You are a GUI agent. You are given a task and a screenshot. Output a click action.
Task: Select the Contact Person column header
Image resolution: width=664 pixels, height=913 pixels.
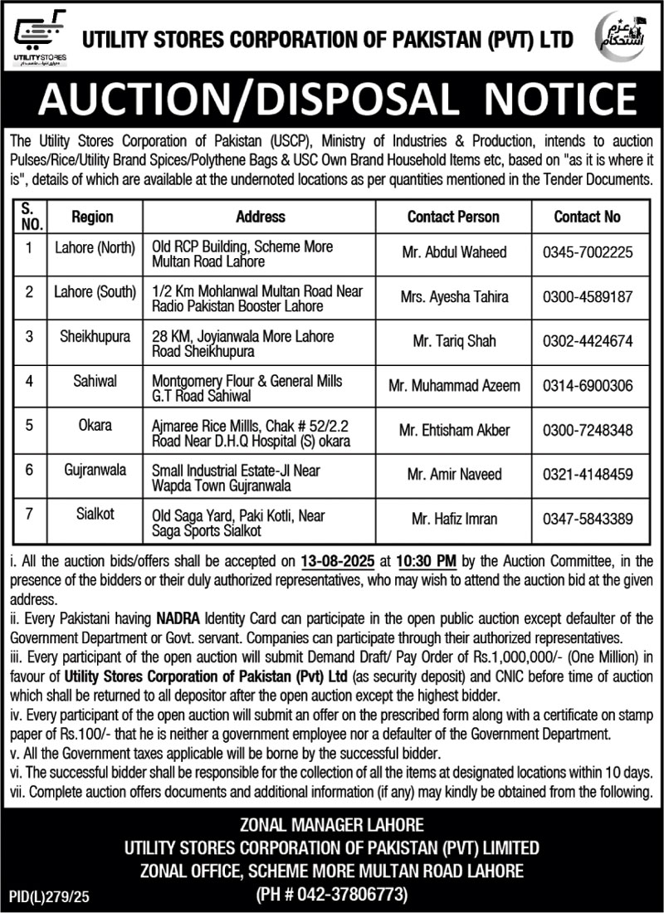click(x=453, y=217)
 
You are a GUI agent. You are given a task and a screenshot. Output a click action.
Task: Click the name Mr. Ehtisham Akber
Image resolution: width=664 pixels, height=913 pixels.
click(x=453, y=431)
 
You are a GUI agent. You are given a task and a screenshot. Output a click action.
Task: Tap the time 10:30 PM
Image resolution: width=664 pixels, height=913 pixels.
click(x=379, y=562)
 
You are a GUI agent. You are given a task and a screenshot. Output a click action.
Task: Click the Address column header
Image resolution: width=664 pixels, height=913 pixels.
click(x=260, y=217)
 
